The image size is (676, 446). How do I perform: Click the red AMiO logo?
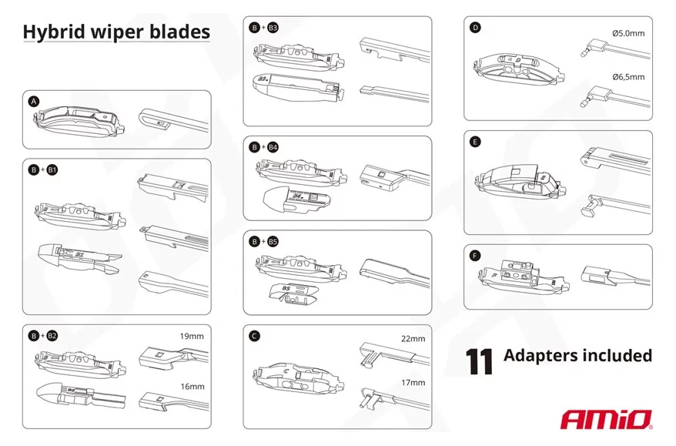pos(606,420)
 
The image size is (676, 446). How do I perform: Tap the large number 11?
pos(479,361)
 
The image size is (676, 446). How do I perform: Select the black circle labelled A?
pos(34,102)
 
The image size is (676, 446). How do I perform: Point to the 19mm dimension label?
pos(192,336)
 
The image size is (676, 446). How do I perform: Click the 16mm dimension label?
pos(192,387)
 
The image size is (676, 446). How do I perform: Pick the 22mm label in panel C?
pos(413,339)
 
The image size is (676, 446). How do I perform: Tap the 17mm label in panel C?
pos(413,383)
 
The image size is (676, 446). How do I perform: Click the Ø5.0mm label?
pos(628,33)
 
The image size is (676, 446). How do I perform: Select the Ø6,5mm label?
pos(628,77)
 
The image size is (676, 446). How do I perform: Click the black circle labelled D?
pos(475,28)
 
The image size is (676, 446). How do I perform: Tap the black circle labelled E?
pos(475,142)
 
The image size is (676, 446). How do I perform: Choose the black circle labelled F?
pos(475,256)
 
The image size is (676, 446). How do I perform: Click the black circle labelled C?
pos(254,336)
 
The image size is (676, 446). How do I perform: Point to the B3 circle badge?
pos(273,28)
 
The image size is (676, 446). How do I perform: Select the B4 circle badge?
pos(273,147)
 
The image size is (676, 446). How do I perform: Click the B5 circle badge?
pos(273,242)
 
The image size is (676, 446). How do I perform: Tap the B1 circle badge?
pos(52,170)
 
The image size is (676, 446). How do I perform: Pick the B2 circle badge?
pos(52,336)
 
